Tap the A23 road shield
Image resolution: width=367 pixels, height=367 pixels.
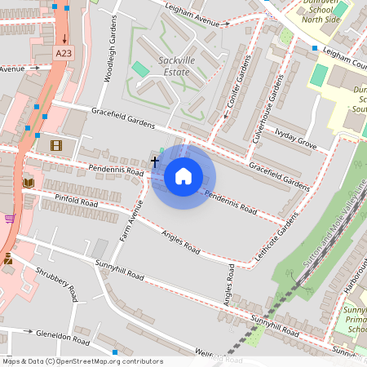[x=63, y=52]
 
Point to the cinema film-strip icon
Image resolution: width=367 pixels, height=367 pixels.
[x=55, y=145]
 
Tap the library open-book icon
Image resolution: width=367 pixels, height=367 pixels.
[x=29, y=183]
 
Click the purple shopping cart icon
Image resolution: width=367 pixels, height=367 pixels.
[x=10, y=218]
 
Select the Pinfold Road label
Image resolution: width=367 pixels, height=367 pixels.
[x=77, y=201]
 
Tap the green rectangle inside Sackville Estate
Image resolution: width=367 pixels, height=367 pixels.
[x=141, y=69]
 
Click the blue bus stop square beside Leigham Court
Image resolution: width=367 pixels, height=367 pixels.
[x=315, y=49]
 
